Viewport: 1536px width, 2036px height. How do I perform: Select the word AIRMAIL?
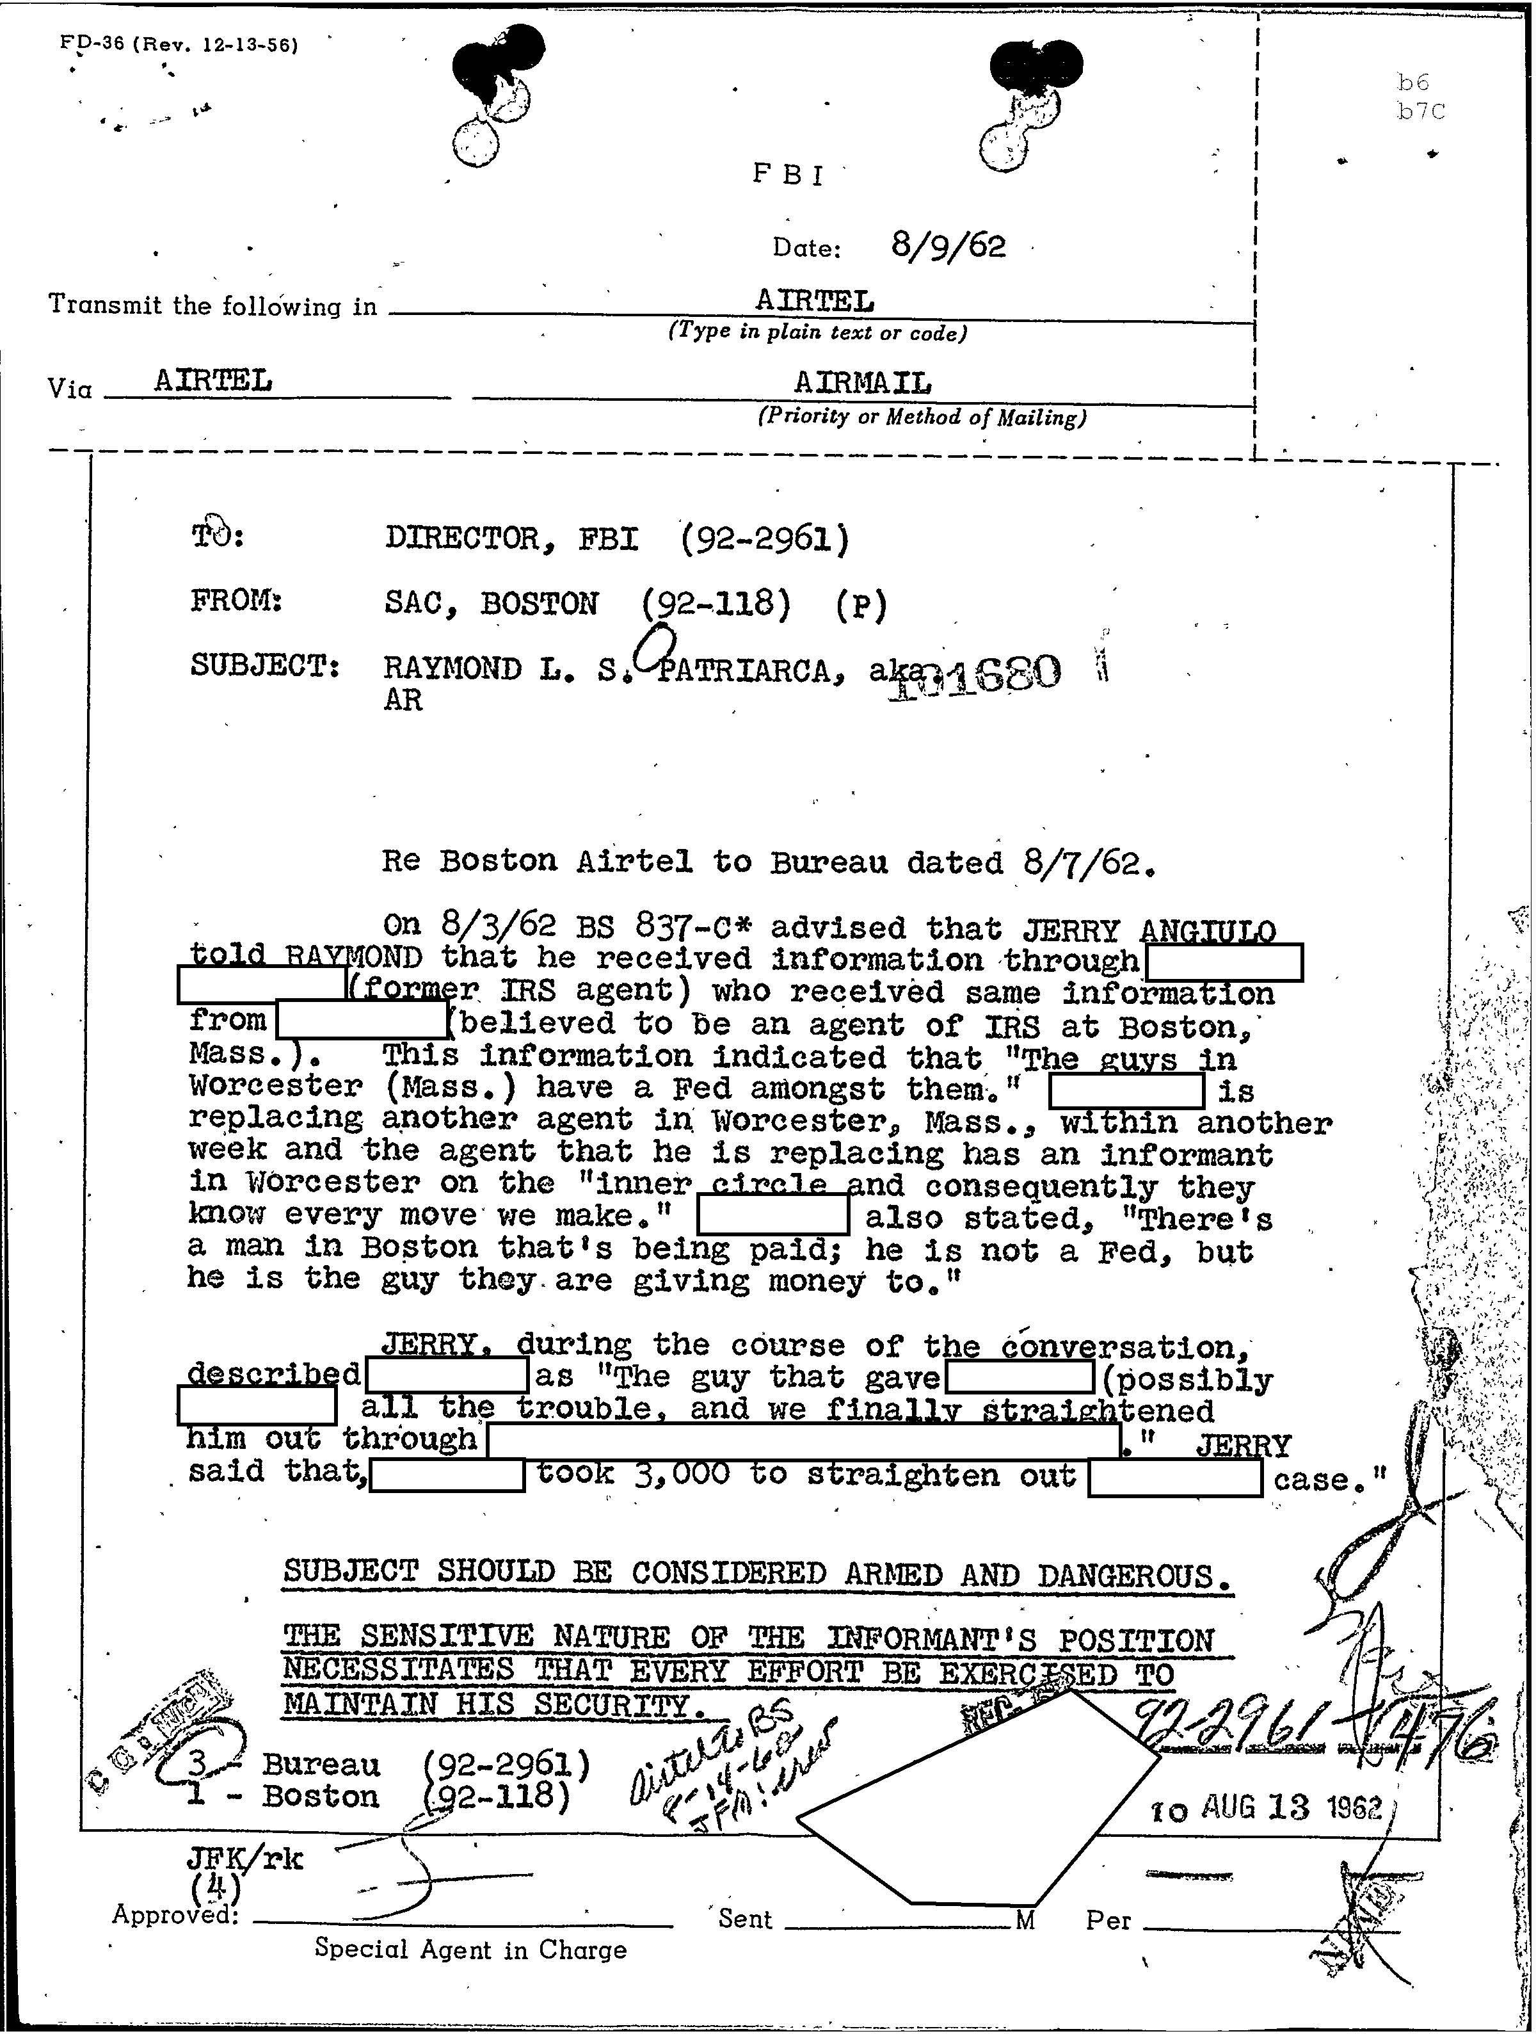point(862,382)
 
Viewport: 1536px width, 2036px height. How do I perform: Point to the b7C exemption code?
point(1420,112)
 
